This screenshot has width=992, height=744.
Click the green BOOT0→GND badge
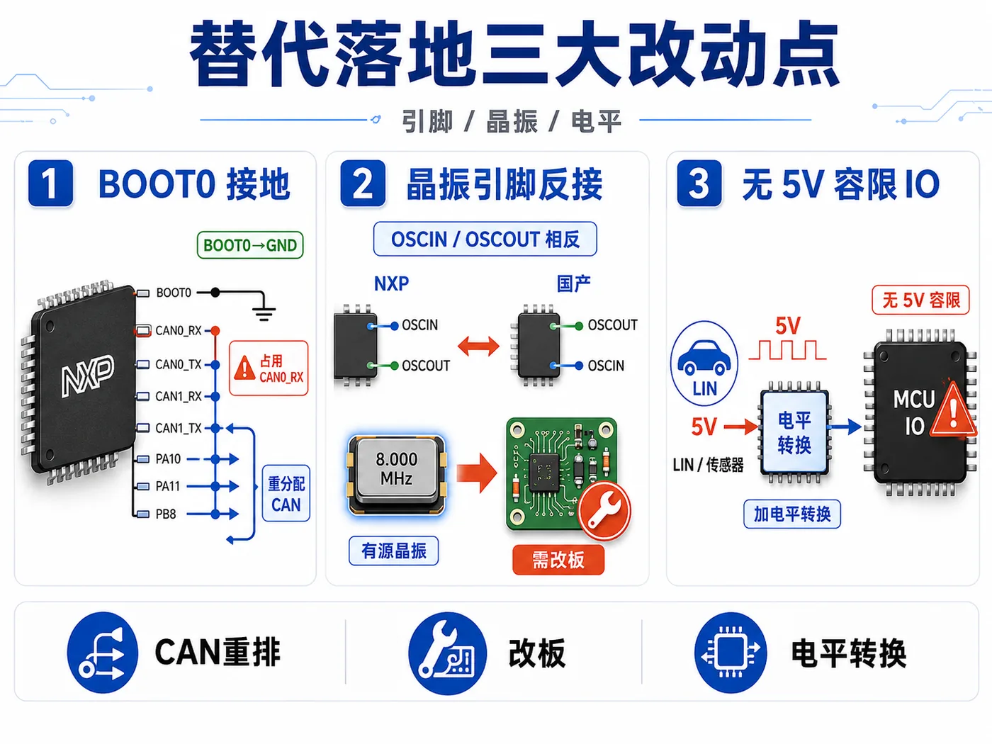tap(250, 245)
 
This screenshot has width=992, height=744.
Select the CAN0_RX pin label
tap(179, 331)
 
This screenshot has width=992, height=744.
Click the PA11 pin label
tap(168, 486)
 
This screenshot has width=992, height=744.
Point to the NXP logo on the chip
tap(87, 376)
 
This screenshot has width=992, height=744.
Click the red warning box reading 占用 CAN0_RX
tap(269, 368)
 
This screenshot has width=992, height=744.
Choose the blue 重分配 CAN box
tap(286, 493)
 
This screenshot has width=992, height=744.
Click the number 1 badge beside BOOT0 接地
tap(50, 184)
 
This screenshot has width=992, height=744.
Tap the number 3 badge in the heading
tap(699, 184)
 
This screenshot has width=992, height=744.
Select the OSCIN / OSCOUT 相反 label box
tap(485, 239)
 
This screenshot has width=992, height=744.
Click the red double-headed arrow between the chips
tap(478, 346)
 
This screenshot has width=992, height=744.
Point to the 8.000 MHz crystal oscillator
tap(396, 475)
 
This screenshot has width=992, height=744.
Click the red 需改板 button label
tap(558, 560)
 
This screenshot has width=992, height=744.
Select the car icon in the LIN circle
tap(704, 358)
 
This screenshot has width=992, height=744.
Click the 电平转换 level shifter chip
tap(794, 432)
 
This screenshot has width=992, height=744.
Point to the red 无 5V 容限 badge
tap(920, 300)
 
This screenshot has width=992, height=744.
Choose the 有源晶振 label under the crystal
tap(394, 551)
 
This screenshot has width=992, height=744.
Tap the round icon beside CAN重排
tap(102, 653)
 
